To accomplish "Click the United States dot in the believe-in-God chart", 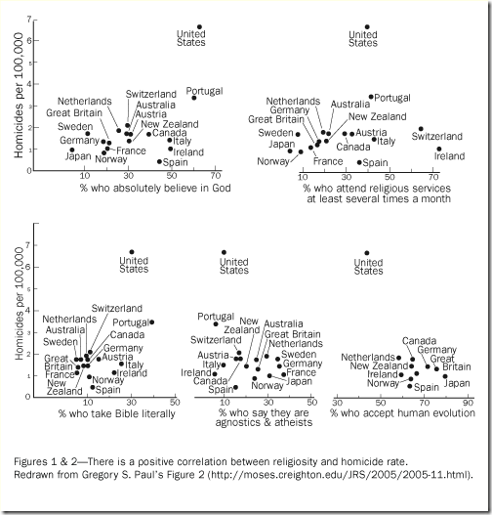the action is tap(199, 27).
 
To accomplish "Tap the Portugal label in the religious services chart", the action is tap(392, 98).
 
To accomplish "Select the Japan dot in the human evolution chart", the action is tap(445, 376).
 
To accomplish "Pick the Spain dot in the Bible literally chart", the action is tap(93, 387).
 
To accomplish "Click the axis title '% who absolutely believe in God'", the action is tap(155, 188).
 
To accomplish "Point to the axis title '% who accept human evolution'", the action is tap(403, 412).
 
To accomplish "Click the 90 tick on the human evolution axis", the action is tap(468, 403).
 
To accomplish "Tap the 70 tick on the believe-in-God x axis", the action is tap(216, 176).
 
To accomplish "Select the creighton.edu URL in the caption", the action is tap(340, 475).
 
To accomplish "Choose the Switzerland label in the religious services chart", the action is tap(437, 136).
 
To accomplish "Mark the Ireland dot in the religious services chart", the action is tap(439, 149).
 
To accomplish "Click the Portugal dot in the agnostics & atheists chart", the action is tap(216, 323).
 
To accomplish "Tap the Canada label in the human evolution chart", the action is tap(419, 341).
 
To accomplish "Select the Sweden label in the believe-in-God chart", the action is tap(75, 126).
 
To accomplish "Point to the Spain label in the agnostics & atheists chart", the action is tap(221, 390).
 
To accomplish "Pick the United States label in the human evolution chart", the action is tap(368, 267).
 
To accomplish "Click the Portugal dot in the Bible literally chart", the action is tap(151, 322).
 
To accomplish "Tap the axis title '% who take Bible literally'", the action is tap(117, 413).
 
